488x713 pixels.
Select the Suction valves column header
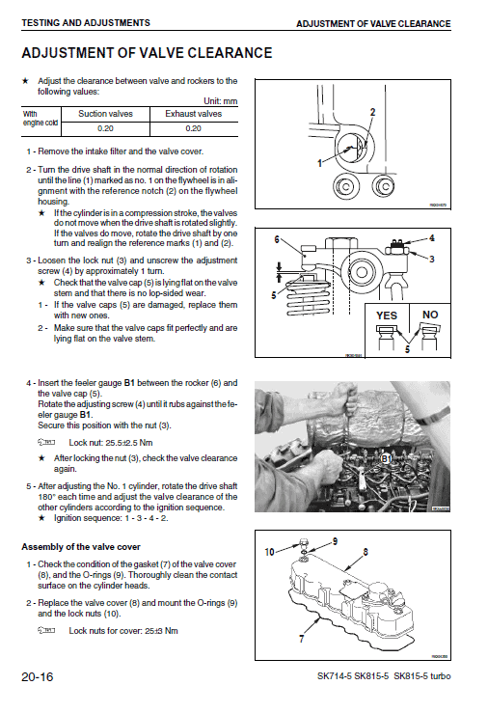click(x=105, y=114)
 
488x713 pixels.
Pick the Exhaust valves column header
click(x=193, y=114)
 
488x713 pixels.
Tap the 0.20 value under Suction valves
click(x=105, y=128)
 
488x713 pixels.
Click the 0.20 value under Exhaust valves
click(x=193, y=128)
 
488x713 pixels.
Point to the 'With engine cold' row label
click(x=41, y=119)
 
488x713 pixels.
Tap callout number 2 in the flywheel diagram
click(x=372, y=113)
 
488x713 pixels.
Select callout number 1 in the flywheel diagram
click(x=319, y=163)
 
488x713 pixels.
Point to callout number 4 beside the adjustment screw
click(x=431, y=237)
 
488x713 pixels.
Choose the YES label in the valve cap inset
click(x=386, y=315)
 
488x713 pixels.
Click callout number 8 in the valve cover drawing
click(x=365, y=552)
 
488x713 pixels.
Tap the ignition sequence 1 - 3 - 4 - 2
click(x=140, y=518)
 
